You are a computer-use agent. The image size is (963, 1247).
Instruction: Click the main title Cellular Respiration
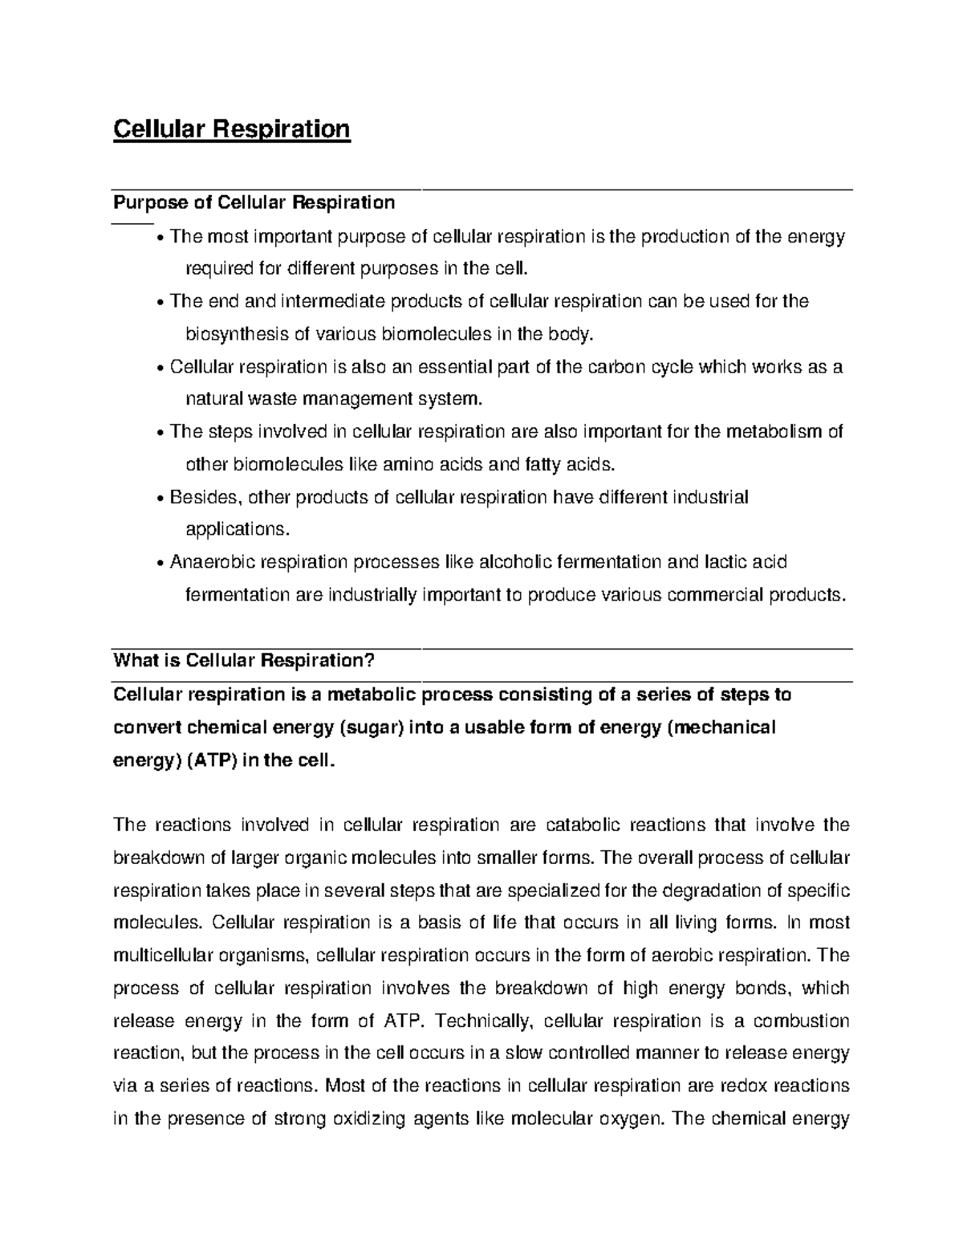(231, 129)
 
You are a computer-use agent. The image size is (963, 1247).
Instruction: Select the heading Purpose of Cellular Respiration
(254, 202)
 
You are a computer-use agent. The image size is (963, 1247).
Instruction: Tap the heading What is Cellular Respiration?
(244, 661)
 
